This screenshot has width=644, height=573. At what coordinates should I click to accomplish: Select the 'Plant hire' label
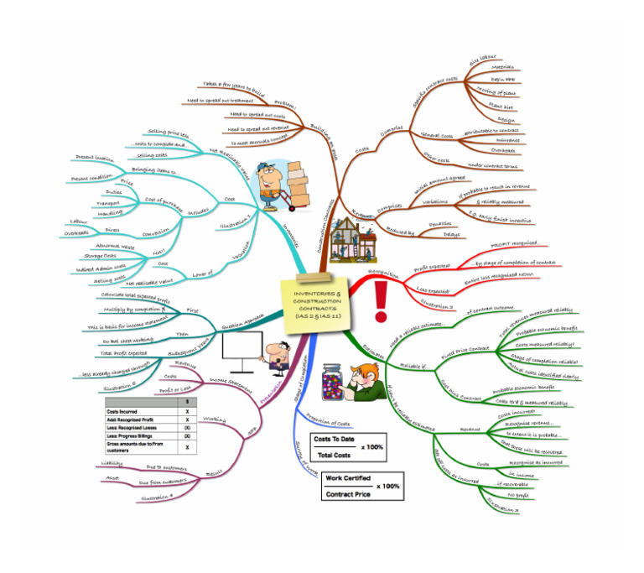pos(501,106)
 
